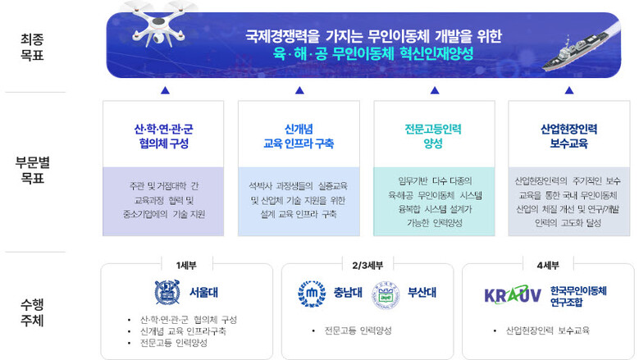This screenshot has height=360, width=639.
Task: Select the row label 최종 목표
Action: [33, 45]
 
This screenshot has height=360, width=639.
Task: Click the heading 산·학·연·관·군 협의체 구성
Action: [164, 136]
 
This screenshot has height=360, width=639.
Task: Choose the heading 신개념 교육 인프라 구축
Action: [299, 136]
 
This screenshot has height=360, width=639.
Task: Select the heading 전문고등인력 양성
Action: [433, 136]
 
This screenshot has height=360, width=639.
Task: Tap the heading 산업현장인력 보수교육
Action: [568, 136]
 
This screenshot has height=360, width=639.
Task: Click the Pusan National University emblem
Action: [385, 294]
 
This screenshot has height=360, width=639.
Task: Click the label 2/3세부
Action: [363, 265]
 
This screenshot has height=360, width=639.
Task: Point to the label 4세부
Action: [547, 265]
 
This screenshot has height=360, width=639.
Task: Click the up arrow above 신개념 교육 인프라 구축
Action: [299, 90]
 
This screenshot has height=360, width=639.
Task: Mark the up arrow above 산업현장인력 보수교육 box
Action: [568, 90]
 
